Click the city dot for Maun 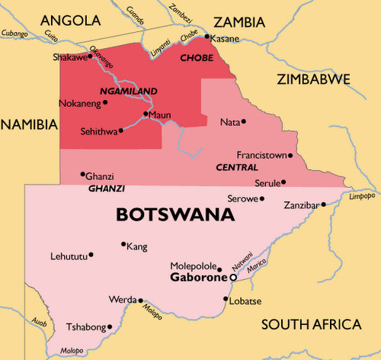145,115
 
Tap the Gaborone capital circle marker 232,278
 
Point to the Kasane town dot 206,36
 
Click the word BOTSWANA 174,214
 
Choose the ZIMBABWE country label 313,79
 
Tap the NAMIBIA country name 29,123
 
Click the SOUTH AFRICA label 310,325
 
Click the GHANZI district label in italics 107,188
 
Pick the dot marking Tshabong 110,327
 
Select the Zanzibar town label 299,205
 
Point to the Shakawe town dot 90,55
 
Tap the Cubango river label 14,34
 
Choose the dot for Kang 123,245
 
